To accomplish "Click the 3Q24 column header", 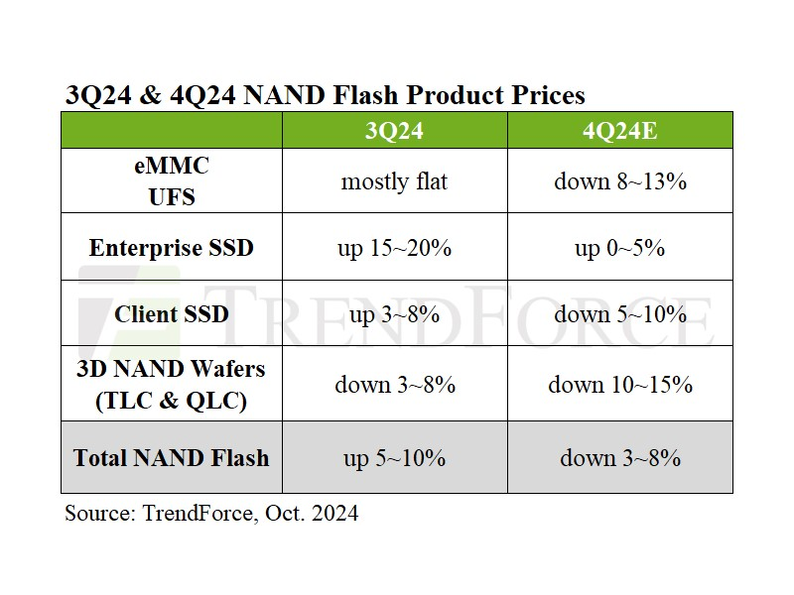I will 394,131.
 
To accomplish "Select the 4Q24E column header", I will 620,131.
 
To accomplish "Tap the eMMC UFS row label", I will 171,181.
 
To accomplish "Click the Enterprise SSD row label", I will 171,248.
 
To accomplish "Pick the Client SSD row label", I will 171,314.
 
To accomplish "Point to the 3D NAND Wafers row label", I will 171,385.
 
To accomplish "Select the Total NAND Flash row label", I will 171,458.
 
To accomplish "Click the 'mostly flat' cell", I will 394,181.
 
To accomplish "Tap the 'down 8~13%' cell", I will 620,181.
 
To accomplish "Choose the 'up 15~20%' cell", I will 394,248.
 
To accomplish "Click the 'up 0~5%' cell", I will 620,248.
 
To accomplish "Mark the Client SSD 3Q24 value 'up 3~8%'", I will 394,314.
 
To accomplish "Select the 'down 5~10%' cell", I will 620,314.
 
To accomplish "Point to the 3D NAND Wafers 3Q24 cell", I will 394,385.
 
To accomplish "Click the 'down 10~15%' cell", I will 620,385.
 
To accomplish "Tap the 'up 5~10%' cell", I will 394,458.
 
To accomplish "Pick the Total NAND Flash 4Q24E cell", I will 620,458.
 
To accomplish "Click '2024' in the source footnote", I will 332,514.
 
